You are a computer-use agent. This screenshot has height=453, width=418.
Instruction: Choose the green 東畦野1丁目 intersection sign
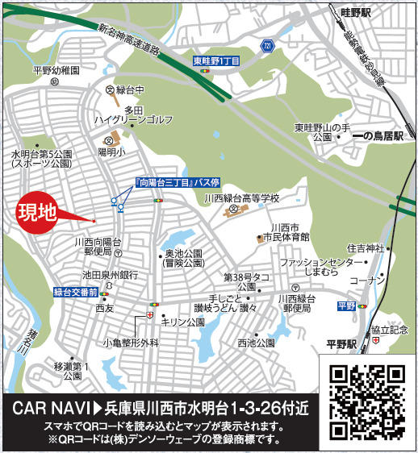[x=215, y=60]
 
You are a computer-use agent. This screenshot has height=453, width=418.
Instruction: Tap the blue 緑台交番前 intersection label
[x=76, y=292]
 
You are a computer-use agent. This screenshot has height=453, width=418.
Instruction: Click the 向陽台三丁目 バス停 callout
[x=167, y=184]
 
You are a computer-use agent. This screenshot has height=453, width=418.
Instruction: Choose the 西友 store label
[x=104, y=308]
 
